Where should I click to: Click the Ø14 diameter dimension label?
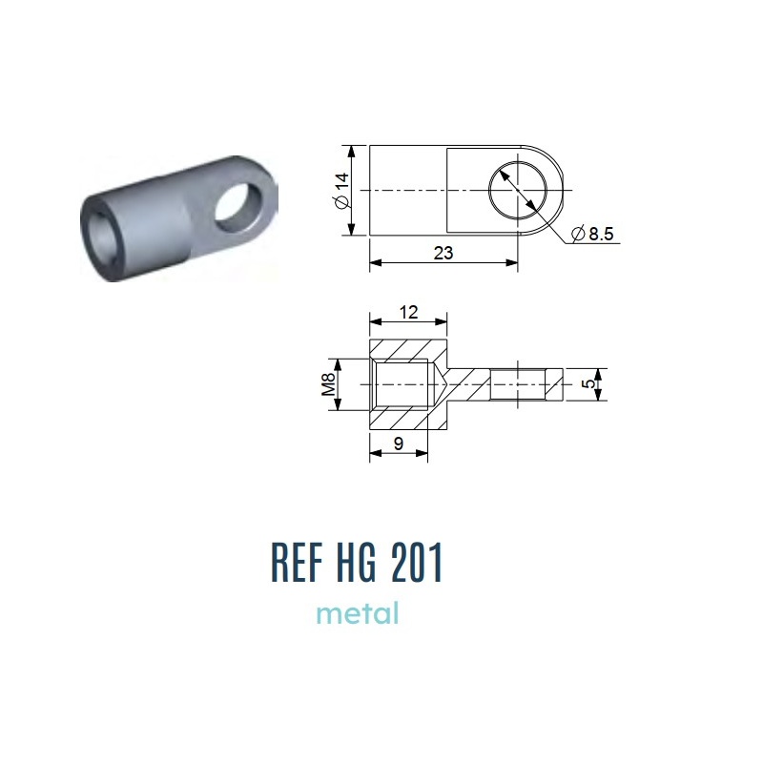[342, 190]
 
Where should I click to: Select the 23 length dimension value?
[443, 253]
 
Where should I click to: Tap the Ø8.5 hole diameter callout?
[592, 234]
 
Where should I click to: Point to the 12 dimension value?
[408, 312]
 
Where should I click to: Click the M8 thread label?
[328, 384]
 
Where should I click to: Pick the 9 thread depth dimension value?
[399, 443]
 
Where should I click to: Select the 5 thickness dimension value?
[588, 383]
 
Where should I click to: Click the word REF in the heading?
[297, 562]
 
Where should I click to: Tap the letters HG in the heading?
[357, 562]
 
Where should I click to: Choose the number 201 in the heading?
[418, 562]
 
